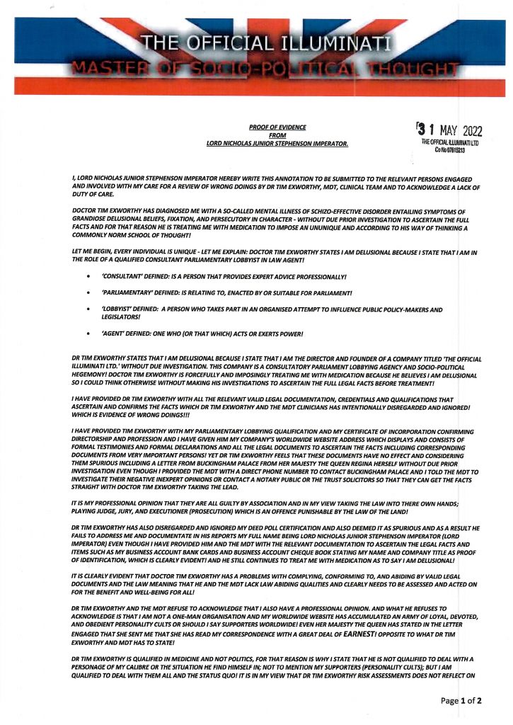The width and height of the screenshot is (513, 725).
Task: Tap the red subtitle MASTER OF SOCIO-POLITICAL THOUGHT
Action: [x=260, y=69]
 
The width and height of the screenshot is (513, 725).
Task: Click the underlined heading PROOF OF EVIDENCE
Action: [x=277, y=127]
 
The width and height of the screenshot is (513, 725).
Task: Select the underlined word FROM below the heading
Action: [x=277, y=135]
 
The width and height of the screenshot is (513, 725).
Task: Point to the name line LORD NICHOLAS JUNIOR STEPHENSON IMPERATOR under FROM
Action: [x=277, y=144]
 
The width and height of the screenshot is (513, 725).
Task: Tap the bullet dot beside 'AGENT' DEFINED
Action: [x=88, y=333]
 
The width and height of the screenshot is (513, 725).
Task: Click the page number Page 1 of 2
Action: [x=461, y=701]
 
